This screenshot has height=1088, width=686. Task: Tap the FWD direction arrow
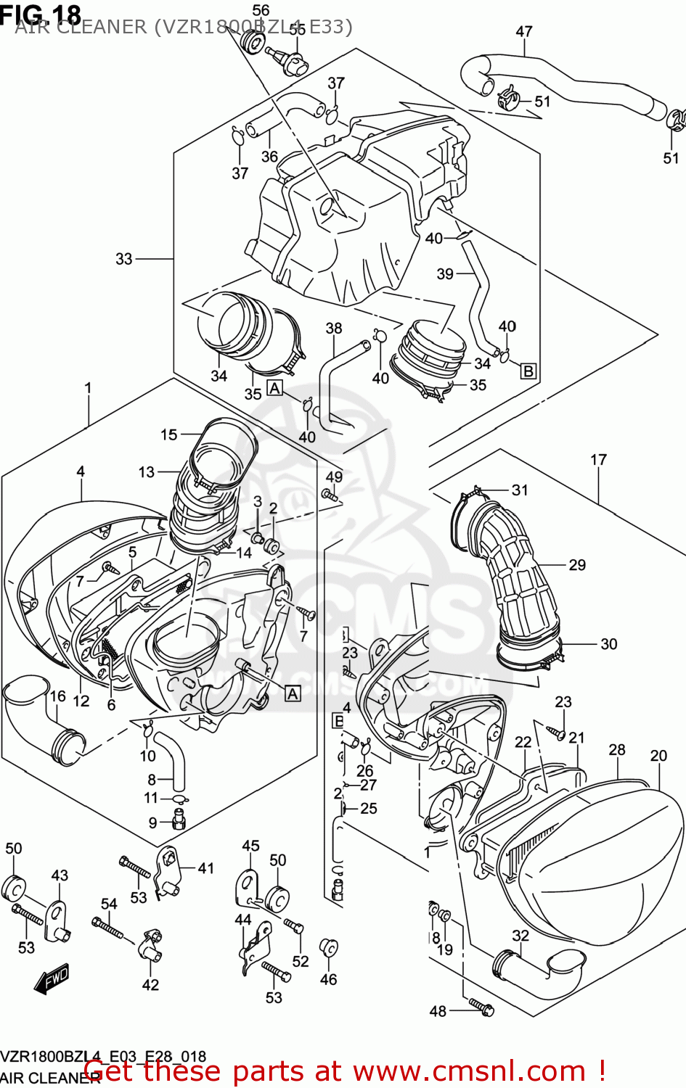(51, 978)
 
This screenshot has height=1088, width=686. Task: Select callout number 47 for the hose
(523, 31)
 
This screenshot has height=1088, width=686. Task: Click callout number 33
(124, 259)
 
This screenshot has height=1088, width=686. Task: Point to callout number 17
(598, 459)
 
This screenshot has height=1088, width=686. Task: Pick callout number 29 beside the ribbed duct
(577, 564)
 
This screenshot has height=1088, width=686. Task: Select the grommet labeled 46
(328, 948)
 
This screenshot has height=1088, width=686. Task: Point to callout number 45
(250, 846)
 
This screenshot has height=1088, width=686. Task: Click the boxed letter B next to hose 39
(528, 371)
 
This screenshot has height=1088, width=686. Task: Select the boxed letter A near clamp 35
(274, 388)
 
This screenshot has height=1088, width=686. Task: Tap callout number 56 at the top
(261, 10)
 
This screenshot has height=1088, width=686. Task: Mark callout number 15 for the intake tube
(168, 434)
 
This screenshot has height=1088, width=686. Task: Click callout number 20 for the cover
(658, 755)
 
